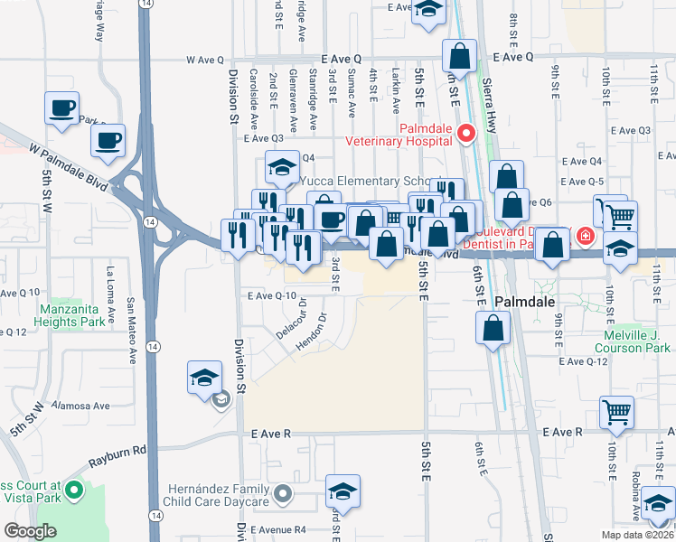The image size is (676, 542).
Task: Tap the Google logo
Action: pyautogui.click(x=30, y=531)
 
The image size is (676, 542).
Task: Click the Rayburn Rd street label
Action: pyautogui.click(x=117, y=456)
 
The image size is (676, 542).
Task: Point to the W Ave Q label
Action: pyautogui.click(x=204, y=60)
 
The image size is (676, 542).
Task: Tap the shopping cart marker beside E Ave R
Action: pyautogui.click(x=616, y=412)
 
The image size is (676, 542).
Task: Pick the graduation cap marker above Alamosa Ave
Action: pyautogui.click(x=204, y=377)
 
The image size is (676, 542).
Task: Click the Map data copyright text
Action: pyautogui.click(x=638, y=535)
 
